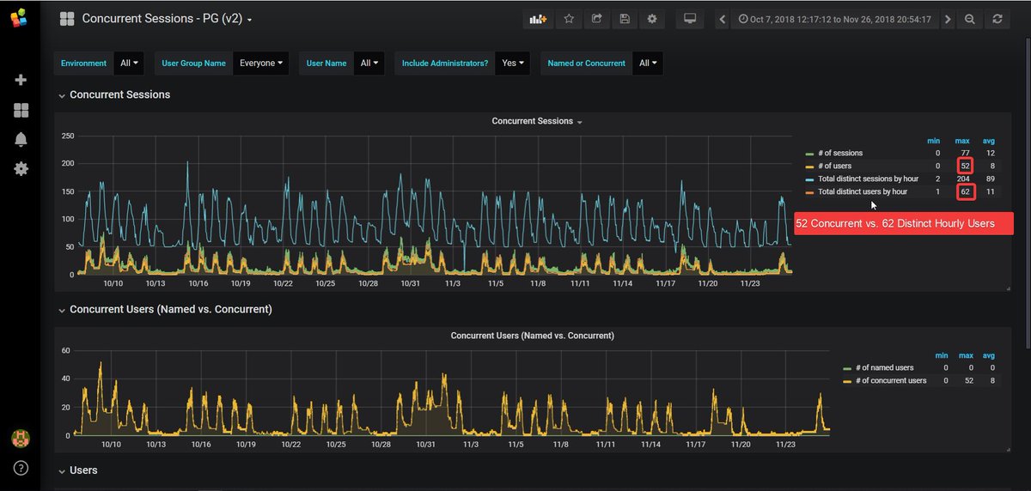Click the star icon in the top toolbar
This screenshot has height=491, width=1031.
pyautogui.click(x=568, y=19)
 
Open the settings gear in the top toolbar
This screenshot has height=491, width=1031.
pyautogui.click(x=652, y=19)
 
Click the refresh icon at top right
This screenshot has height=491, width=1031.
pyautogui.click(x=997, y=19)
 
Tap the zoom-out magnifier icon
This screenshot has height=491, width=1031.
pyautogui.click(x=970, y=19)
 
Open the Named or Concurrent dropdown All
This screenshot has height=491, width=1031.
pyautogui.click(x=647, y=63)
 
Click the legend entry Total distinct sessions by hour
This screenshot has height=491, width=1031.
pyautogui.click(x=867, y=179)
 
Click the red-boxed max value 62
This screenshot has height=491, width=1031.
pyautogui.click(x=966, y=191)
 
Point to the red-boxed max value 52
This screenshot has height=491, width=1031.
pyautogui.click(x=966, y=166)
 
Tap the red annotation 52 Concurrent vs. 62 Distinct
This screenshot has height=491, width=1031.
pyautogui.click(x=903, y=223)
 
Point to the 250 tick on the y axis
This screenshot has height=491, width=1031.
pyautogui.click(x=67, y=136)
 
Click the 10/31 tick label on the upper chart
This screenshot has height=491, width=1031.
pyautogui.click(x=411, y=283)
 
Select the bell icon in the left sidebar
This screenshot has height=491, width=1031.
pyautogui.click(x=21, y=139)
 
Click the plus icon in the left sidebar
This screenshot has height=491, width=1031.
pyautogui.click(x=21, y=80)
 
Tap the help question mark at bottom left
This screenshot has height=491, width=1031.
pyautogui.click(x=21, y=468)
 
